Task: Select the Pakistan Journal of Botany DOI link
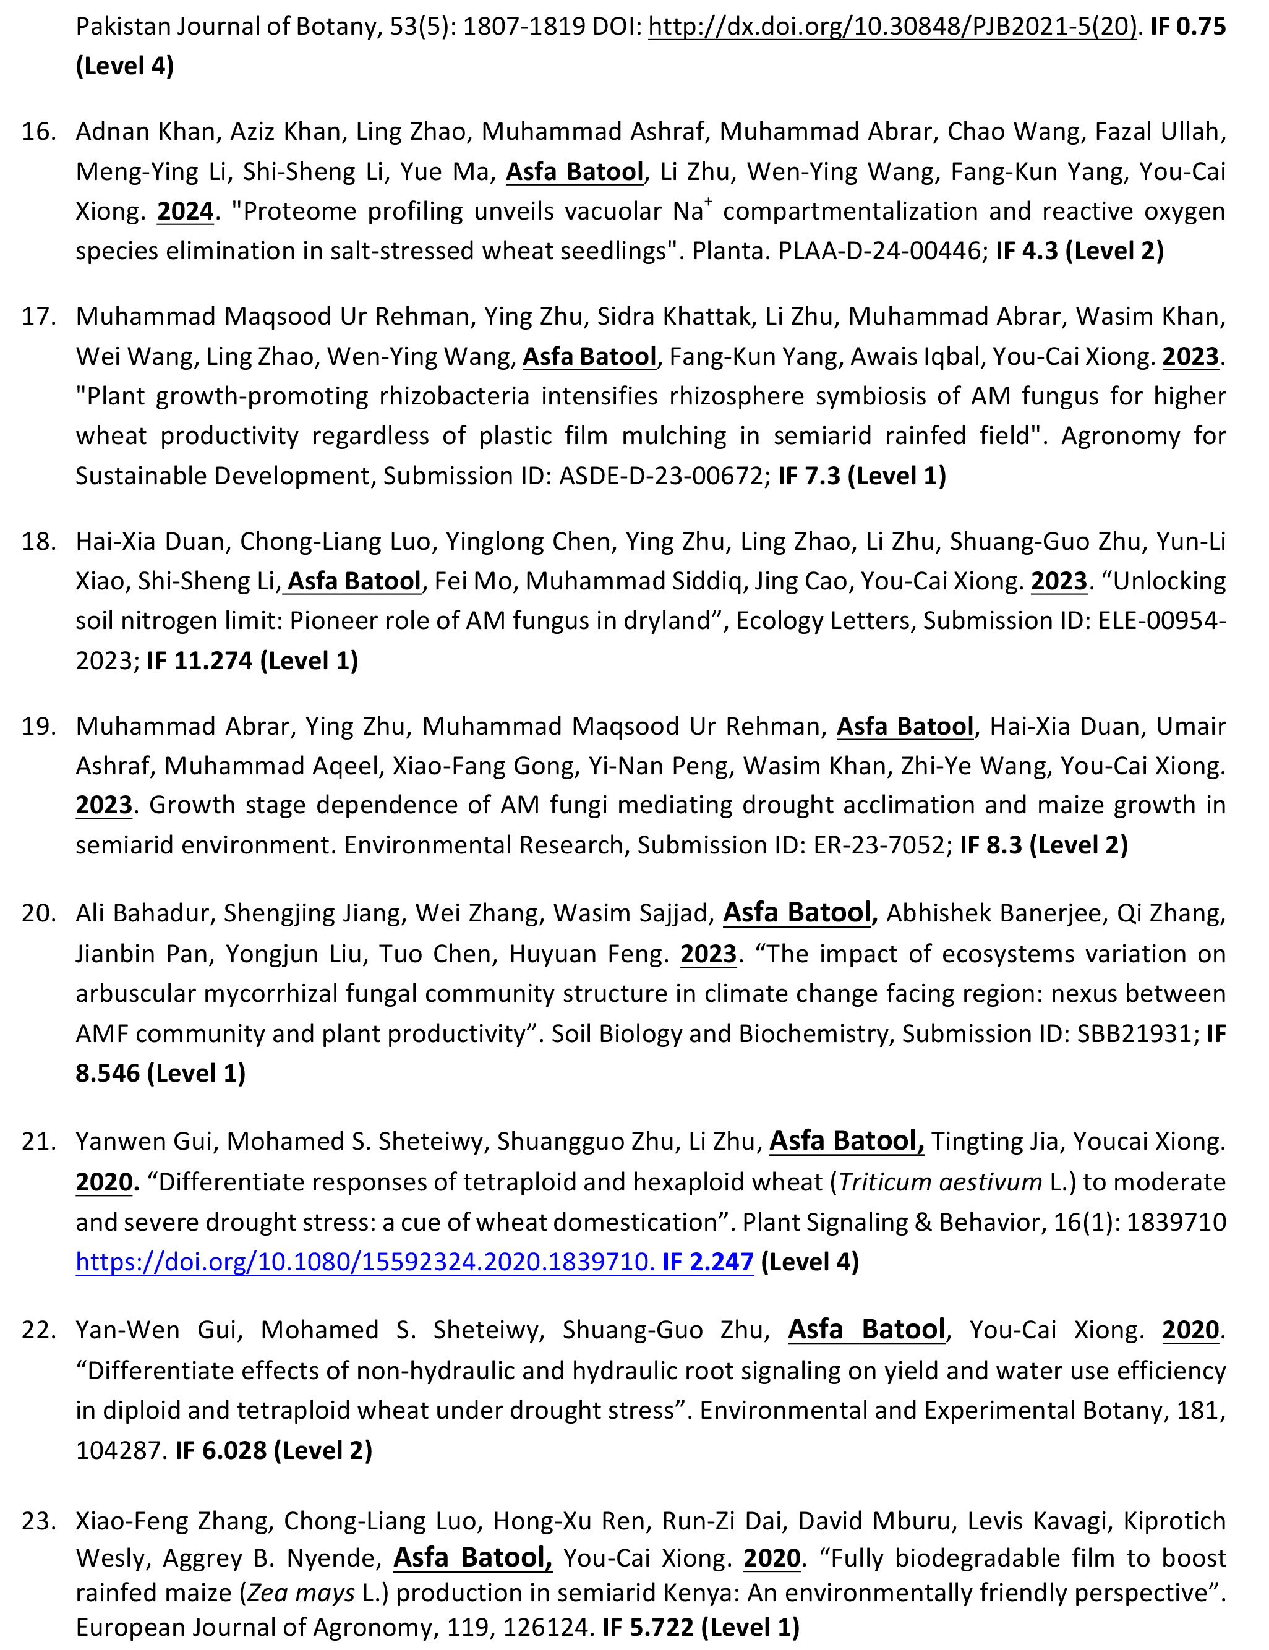[x=893, y=27]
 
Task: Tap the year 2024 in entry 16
[x=185, y=212]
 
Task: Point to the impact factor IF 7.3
[x=808, y=476]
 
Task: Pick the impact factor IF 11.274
[x=199, y=661]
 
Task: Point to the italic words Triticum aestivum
[x=941, y=1182]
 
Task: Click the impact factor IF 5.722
[x=648, y=1627]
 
